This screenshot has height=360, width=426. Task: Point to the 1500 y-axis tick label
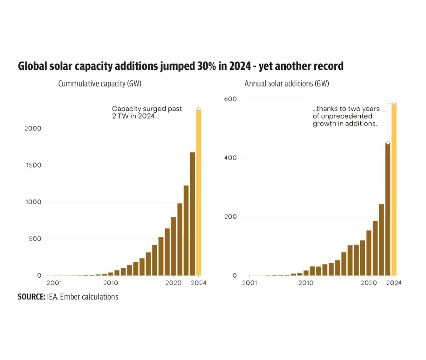[x=33, y=165]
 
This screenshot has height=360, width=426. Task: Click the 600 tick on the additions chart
[x=232, y=99]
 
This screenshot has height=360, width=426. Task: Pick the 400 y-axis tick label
[x=232, y=158]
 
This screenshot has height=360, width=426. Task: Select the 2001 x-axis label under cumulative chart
[x=54, y=283]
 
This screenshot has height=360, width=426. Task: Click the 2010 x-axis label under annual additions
[x=306, y=283]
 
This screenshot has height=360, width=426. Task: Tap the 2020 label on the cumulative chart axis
[x=173, y=283]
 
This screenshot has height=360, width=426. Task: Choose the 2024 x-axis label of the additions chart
[x=394, y=283]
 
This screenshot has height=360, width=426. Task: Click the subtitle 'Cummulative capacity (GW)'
[x=99, y=84]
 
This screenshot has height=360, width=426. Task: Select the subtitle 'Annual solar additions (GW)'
[x=287, y=84]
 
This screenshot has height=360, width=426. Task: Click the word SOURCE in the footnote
[x=31, y=297]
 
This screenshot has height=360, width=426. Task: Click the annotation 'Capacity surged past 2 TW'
[x=147, y=112]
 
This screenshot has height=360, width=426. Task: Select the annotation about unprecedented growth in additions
[x=345, y=116]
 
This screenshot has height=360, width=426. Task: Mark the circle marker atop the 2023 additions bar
[x=388, y=143]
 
